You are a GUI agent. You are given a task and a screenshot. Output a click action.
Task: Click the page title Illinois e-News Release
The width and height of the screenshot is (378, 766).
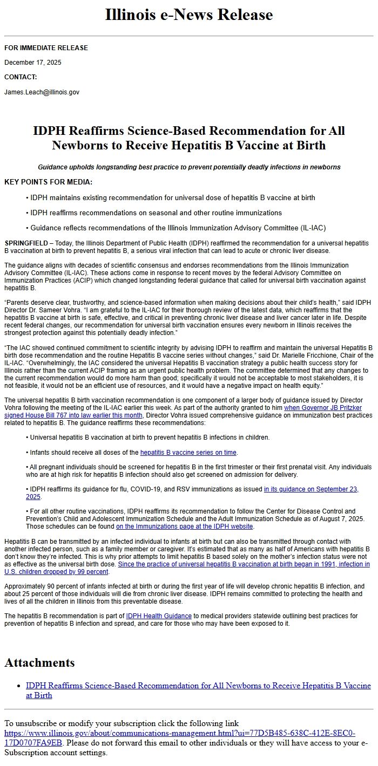point(189,15)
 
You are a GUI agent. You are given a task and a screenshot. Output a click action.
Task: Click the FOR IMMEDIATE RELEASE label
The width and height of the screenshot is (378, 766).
point(46,48)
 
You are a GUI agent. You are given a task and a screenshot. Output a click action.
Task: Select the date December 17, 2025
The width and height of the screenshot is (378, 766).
point(33,63)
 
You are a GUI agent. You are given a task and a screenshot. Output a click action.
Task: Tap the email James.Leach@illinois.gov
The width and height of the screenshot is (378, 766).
point(42,92)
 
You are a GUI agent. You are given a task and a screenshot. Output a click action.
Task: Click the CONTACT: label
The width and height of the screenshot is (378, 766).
point(21,77)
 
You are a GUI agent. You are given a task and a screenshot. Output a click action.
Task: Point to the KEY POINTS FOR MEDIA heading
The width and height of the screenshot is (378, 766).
point(48,182)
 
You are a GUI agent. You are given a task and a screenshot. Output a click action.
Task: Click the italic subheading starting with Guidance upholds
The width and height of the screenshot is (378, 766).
point(189,167)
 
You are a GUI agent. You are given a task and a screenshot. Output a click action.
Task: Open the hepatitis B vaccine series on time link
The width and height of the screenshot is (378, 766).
point(188,453)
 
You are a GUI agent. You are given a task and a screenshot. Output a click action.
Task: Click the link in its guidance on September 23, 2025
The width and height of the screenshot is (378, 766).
point(311,489)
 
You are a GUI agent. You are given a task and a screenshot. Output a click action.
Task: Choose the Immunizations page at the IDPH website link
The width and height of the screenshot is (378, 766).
point(184,526)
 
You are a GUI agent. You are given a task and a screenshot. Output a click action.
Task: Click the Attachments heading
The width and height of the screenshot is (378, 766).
point(39,663)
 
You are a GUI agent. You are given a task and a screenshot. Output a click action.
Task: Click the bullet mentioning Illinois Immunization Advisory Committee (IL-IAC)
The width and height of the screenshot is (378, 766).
point(178,228)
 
